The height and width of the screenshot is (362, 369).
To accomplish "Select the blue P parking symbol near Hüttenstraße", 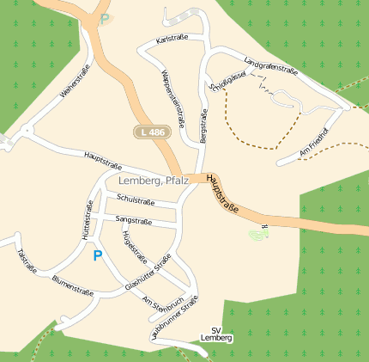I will (97, 255).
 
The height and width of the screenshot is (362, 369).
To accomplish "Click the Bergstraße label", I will (203, 126).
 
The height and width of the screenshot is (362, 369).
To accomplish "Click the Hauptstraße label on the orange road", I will (221, 191).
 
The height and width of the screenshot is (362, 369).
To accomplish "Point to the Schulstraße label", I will (136, 200).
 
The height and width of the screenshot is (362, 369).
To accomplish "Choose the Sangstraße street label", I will (134, 221).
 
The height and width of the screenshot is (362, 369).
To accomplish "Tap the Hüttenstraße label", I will (87, 221).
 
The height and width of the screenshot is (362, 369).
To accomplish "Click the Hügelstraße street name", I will (135, 248).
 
